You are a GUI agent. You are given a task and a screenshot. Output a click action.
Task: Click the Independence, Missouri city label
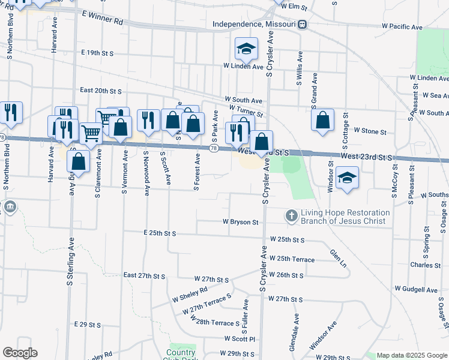(255, 25)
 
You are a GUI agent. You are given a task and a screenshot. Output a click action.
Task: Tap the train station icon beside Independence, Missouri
(303, 25)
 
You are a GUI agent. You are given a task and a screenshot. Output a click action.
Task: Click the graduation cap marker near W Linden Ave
(246, 49)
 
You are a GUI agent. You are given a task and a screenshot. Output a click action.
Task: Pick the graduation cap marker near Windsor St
(347, 178)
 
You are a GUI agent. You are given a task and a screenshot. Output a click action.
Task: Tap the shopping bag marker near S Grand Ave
(323, 120)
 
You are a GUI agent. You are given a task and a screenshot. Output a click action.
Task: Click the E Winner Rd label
(102, 21)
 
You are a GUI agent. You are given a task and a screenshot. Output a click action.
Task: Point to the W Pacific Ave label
(402, 27)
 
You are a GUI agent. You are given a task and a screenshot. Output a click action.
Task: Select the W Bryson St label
(240, 222)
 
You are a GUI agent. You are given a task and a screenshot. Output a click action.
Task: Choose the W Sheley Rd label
(190, 293)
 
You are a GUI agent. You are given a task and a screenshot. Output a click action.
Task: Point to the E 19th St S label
(98, 53)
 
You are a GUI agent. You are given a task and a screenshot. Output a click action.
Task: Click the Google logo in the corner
(20, 353)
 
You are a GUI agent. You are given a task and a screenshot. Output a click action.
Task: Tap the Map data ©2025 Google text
(412, 355)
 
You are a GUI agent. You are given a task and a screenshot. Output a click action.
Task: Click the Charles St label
(426, 265)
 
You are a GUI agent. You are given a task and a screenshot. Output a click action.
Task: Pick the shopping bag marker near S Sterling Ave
(78, 161)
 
